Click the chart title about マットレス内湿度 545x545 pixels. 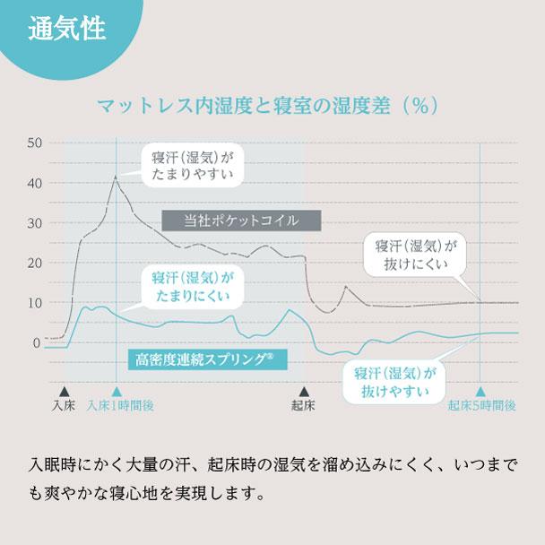[x=269, y=107]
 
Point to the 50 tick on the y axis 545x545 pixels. [x=34, y=143]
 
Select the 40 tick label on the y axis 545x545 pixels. [x=34, y=183]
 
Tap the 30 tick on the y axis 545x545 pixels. [x=34, y=222]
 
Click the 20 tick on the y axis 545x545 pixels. [x=34, y=263]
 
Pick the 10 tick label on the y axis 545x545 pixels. [x=34, y=302]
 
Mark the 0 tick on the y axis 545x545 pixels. [x=37, y=342]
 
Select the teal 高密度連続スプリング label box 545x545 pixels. [x=205, y=359]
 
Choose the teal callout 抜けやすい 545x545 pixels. [x=394, y=383]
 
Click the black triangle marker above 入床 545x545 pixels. [x=64, y=391]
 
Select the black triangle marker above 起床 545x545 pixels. [x=304, y=391]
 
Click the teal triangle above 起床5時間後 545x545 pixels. [x=480, y=391]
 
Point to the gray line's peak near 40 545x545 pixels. [x=116, y=177]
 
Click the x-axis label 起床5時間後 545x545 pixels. [x=481, y=406]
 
